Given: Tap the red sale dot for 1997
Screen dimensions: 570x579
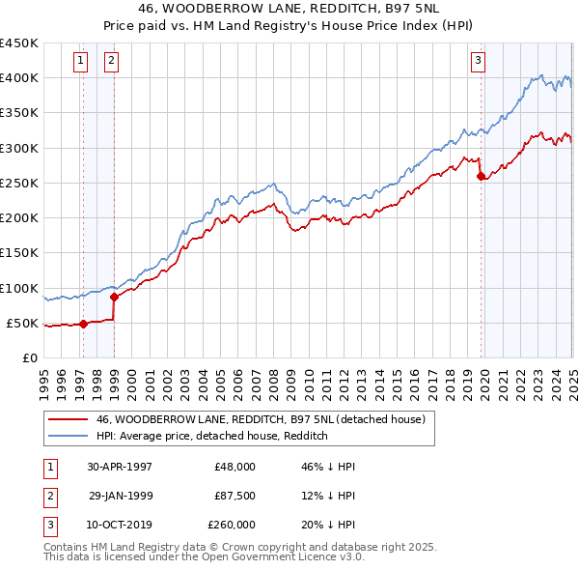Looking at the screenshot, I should (83, 324).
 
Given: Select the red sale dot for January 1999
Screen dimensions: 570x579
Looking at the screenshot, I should (114, 297).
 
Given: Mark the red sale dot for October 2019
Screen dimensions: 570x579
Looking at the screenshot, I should (481, 176).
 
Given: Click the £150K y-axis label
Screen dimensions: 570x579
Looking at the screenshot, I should (19, 253).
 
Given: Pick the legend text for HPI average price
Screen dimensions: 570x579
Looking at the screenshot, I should (212, 436).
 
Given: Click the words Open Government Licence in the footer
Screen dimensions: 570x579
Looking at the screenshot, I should (275, 557).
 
